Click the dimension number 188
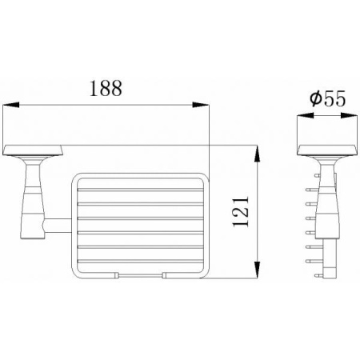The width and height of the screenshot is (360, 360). pyautogui.click(x=106, y=88)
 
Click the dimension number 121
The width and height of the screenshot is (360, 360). pyautogui.click(x=241, y=212)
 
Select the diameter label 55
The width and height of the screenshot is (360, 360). pyautogui.click(x=334, y=98)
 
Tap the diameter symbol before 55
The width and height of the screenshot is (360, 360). pyautogui.click(x=315, y=98)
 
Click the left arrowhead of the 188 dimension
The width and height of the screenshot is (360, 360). pyautogui.click(x=11, y=105)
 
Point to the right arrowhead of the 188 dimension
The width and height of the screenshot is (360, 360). pyautogui.click(x=201, y=105)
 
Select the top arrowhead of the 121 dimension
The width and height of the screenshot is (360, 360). pyautogui.click(x=257, y=154)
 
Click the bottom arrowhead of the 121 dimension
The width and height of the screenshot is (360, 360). pyautogui.click(x=257, y=270)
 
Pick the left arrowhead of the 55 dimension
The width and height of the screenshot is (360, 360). pyautogui.click(x=306, y=115)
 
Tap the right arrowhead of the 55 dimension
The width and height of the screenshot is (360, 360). pyautogui.click(x=349, y=115)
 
